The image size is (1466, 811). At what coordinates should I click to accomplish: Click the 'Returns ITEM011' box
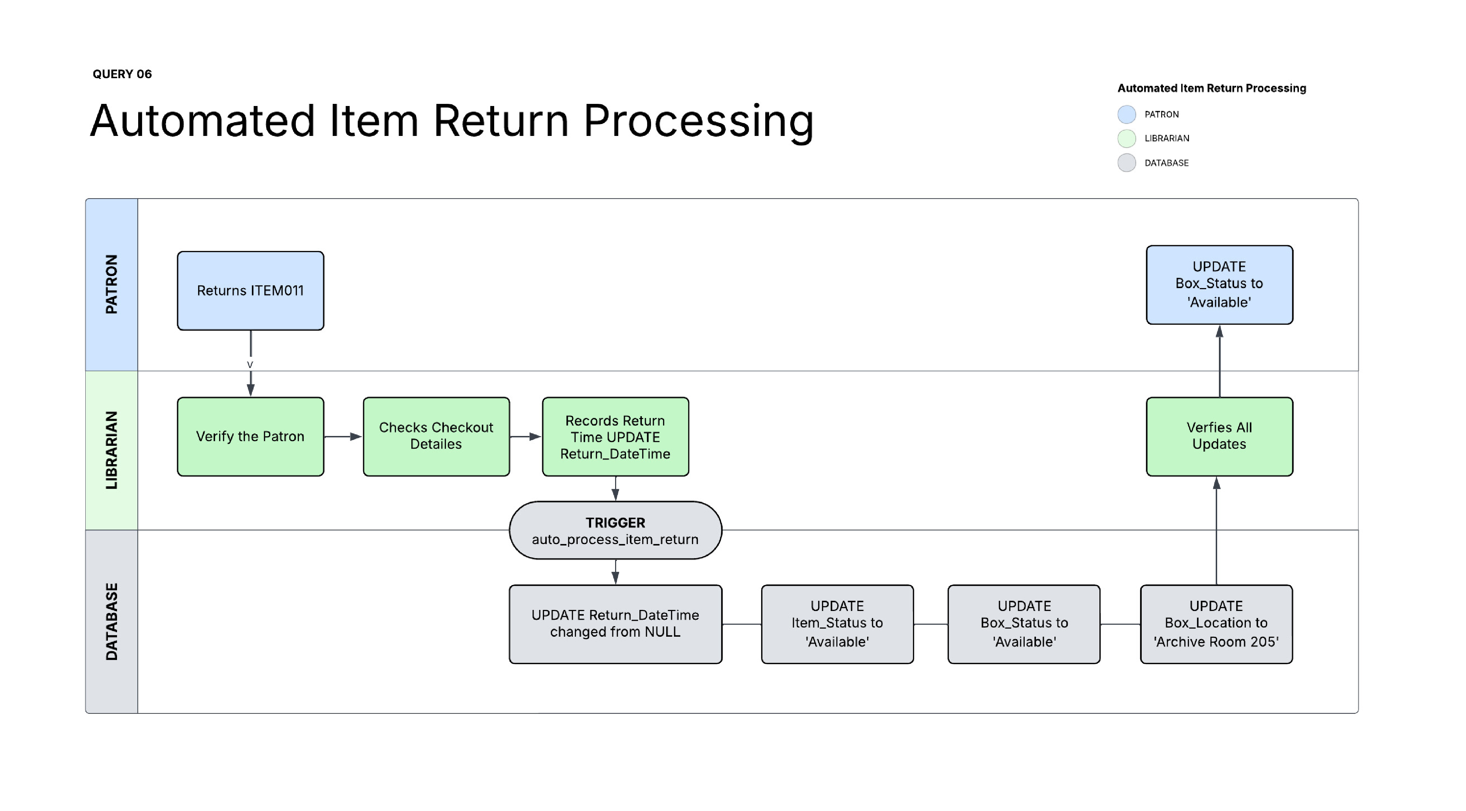click(x=250, y=291)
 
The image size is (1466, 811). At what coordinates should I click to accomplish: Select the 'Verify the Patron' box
click(x=250, y=436)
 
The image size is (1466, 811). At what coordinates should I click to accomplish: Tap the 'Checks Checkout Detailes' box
click(x=436, y=436)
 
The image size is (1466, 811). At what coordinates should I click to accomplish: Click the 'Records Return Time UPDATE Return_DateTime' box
click(x=615, y=436)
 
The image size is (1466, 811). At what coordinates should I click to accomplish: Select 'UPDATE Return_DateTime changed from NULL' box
click(x=615, y=624)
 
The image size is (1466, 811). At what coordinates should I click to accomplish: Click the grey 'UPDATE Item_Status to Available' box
click(x=837, y=624)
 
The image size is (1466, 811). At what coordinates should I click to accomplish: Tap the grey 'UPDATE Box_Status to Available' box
click(x=1024, y=624)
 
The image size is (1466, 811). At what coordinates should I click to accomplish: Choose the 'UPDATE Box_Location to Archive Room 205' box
click(x=1216, y=624)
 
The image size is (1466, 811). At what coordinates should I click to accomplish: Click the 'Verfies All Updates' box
click(x=1219, y=436)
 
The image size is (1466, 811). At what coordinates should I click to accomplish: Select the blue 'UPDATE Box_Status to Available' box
click(x=1219, y=285)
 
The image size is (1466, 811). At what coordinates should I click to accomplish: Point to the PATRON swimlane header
click(x=111, y=285)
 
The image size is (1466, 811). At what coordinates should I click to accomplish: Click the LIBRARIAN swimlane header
click(x=111, y=450)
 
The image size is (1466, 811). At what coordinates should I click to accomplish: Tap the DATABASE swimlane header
click(x=111, y=621)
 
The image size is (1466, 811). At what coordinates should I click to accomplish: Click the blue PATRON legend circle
click(x=1126, y=114)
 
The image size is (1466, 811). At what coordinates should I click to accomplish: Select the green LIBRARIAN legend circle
click(x=1126, y=138)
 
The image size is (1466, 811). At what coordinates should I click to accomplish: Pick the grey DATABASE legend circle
click(x=1126, y=163)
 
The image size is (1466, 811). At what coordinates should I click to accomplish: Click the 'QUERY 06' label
click(x=122, y=74)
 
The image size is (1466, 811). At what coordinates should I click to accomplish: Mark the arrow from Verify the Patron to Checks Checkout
click(x=343, y=436)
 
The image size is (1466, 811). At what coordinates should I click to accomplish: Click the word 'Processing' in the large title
click(x=698, y=121)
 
